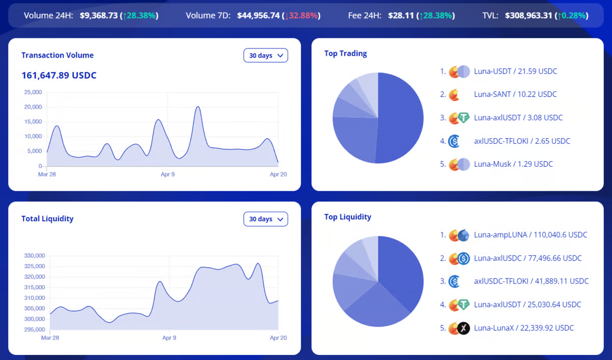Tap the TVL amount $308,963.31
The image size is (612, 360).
pyautogui.click(x=528, y=15)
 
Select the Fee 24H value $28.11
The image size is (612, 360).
pyautogui.click(x=401, y=15)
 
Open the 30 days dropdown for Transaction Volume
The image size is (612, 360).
pyautogui.click(x=266, y=56)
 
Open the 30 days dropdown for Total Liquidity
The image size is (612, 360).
pyautogui.click(x=266, y=219)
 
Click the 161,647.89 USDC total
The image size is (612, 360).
pyautogui.click(x=59, y=75)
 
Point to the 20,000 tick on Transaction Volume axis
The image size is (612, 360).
pyautogui.click(x=33, y=107)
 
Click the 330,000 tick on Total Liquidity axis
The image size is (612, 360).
pyautogui.click(x=35, y=255)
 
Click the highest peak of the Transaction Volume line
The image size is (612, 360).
pyautogui.click(x=198, y=107)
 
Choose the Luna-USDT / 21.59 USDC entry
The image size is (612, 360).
pyautogui.click(x=515, y=71)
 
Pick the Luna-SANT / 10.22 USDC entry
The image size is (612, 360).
pyautogui.click(x=515, y=94)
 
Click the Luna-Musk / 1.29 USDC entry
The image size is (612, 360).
pyautogui.click(x=513, y=164)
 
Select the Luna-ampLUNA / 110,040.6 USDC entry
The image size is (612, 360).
pyautogui.click(x=530, y=235)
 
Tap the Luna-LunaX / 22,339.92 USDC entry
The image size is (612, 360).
pyautogui.click(x=524, y=328)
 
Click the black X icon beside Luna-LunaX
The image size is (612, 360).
pyautogui.click(x=463, y=328)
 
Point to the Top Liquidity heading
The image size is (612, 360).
pyautogui.click(x=348, y=217)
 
